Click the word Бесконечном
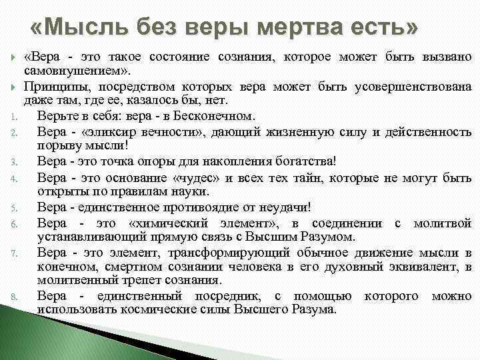click(214, 116)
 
